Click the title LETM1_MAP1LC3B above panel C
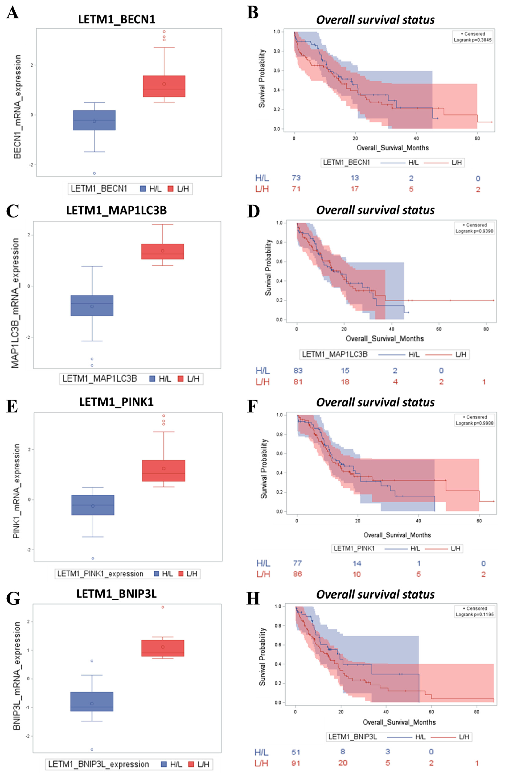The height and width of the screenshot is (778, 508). click(x=116, y=210)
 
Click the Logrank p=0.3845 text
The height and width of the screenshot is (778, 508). click(x=472, y=40)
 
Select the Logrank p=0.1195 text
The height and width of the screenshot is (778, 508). click(x=474, y=615)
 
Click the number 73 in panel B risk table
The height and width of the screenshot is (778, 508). click(x=296, y=178)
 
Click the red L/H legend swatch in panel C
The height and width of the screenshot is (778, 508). click(x=180, y=379)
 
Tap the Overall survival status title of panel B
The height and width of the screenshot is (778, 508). click(x=375, y=20)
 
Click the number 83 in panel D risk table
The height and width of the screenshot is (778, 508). click(x=298, y=370)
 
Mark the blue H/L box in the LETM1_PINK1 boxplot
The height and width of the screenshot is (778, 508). click(x=93, y=505)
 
